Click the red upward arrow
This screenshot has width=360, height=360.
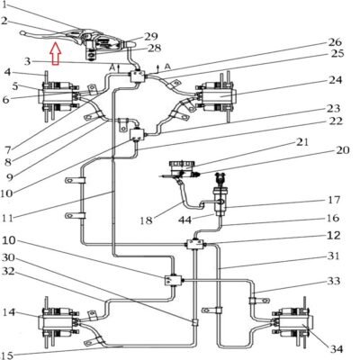[56, 54]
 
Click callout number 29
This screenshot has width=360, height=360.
[151, 36]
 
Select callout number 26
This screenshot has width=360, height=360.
[335, 41]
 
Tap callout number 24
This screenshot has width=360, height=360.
[336, 80]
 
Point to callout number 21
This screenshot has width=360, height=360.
[301, 141]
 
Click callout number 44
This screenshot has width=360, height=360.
[184, 220]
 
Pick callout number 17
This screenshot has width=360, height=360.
[333, 200]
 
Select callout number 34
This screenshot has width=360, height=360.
[336, 349]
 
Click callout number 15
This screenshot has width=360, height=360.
[7, 355]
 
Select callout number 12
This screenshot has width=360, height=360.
[333, 236]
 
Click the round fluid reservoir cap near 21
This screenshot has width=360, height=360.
[182, 165]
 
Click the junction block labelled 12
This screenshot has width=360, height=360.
[196, 245]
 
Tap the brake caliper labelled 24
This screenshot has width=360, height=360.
[217, 96]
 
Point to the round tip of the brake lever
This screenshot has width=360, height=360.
[22, 32]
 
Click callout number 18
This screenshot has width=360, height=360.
[146, 220]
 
